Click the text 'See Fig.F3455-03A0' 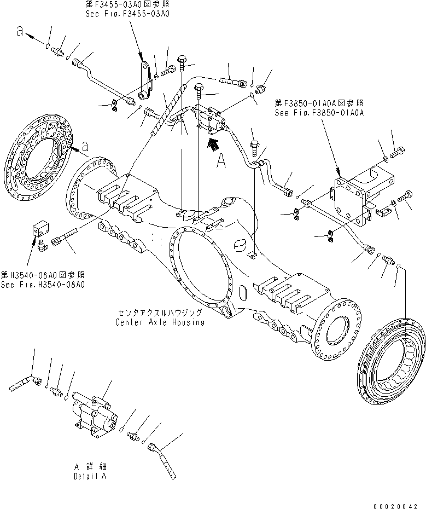click(127, 14)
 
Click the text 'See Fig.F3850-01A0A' click(319, 112)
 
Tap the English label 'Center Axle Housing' click(160, 322)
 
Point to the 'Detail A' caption click(90, 477)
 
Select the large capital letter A click(221, 160)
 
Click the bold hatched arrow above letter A click(215, 144)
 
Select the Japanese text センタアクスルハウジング click(160, 313)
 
